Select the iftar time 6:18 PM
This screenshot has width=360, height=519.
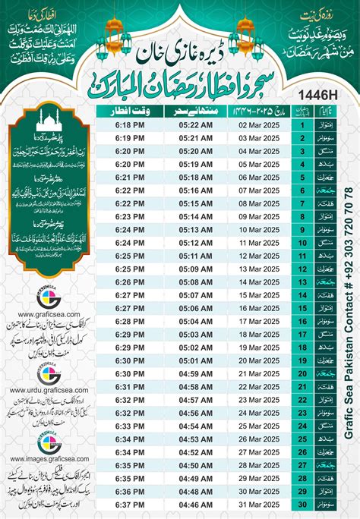pos(126,125)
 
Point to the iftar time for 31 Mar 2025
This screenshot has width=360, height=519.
pos(126,503)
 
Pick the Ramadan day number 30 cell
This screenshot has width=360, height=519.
pos(302,503)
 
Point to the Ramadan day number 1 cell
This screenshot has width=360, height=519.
pos(302,125)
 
